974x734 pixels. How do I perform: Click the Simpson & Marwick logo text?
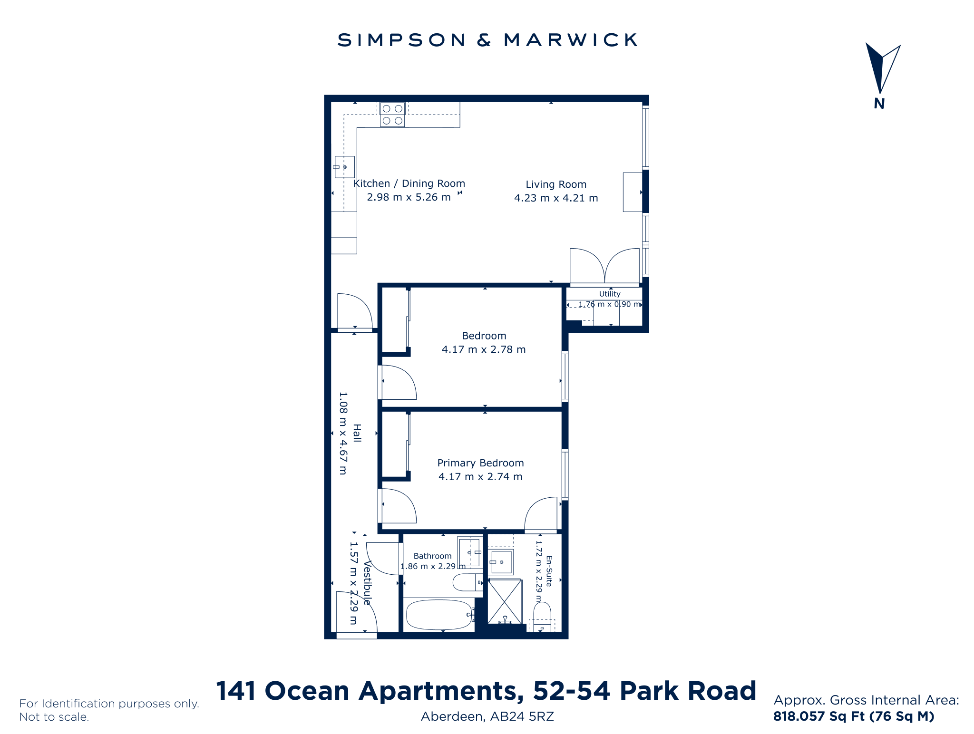click(487, 40)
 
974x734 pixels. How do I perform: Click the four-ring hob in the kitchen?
click(392, 115)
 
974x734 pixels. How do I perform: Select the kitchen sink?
click(345, 167)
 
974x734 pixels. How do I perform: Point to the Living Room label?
click(556, 184)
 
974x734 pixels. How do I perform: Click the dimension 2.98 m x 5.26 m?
click(409, 197)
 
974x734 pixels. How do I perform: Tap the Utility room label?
click(610, 294)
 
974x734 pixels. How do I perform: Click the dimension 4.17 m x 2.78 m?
click(484, 349)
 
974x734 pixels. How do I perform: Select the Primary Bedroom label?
click(480, 463)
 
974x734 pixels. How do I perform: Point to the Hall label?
click(357, 433)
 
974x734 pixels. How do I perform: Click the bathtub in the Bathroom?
click(438, 615)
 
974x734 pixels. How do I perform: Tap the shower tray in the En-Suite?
click(505, 601)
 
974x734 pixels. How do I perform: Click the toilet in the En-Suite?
click(542, 617)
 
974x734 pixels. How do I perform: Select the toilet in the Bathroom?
click(468, 582)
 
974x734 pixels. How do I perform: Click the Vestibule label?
click(367, 583)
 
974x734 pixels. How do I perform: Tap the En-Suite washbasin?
click(501, 562)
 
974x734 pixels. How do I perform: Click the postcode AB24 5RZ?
click(522, 716)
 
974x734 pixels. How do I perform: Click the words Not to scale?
click(54, 717)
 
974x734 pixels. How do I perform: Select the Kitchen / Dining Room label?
click(409, 183)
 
